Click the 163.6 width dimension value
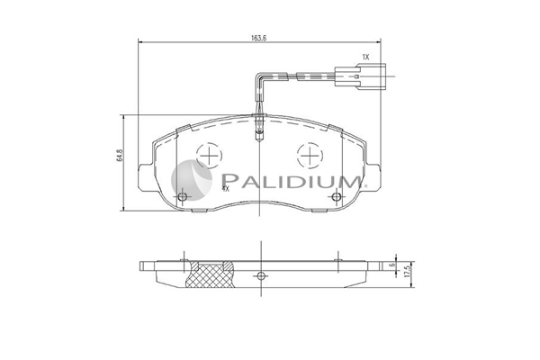(259, 38)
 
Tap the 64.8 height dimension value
(120, 156)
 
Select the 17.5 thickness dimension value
(409, 271)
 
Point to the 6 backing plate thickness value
(391, 265)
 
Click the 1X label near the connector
(365, 57)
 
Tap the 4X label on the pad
(226, 188)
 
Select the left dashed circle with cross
(209, 156)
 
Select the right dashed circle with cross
(310, 156)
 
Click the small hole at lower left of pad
(183, 197)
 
